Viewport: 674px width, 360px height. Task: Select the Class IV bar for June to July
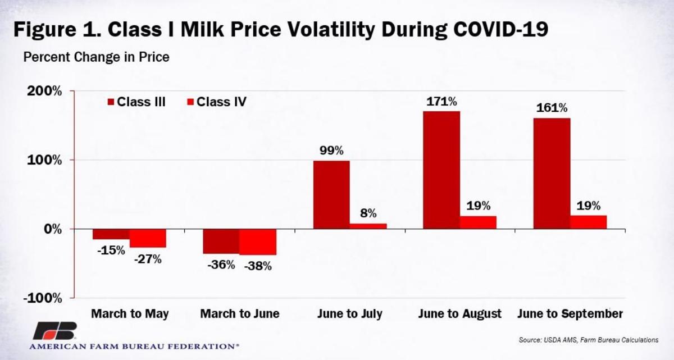[x=368, y=226]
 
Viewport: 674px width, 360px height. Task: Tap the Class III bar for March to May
[x=111, y=234]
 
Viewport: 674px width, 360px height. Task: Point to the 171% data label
[x=441, y=102]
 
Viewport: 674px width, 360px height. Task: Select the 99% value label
[x=331, y=151]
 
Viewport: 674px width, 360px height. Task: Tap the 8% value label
[x=368, y=213]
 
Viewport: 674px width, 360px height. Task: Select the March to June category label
[x=239, y=313]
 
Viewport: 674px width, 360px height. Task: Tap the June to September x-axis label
[x=570, y=313]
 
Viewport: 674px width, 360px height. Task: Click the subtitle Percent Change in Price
[x=95, y=57]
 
